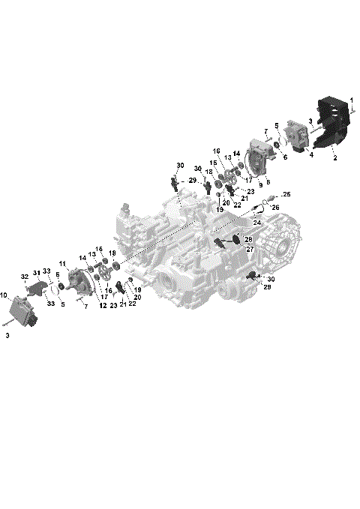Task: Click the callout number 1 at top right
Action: tap(352, 100)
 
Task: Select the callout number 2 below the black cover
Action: tap(335, 158)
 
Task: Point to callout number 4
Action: tap(310, 156)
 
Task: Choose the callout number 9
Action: tap(259, 184)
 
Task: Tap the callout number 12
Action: tap(103, 306)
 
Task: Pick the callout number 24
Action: tap(257, 223)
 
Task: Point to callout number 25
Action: tap(286, 195)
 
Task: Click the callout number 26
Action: tap(275, 208)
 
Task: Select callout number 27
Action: tap(250, 249)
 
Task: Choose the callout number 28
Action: tap(248, 239)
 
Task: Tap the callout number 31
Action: tap(35, 272)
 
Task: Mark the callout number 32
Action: tap(24, 277)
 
